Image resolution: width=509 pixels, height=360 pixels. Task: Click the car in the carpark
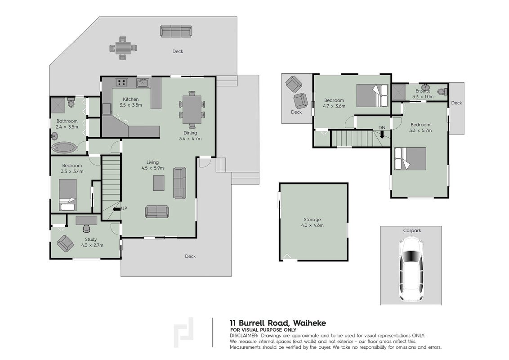411,269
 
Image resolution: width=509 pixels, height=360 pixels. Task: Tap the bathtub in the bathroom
65,148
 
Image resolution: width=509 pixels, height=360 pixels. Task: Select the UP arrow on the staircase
115,209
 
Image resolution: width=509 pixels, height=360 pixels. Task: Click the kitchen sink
143,83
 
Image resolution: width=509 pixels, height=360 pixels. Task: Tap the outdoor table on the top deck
123,48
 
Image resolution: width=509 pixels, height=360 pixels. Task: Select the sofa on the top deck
176,31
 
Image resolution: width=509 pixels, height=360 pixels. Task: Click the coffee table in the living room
159,183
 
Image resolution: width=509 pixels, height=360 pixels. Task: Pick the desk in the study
86,220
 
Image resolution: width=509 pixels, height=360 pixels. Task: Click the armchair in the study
65,243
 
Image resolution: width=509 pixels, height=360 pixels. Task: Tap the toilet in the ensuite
442,92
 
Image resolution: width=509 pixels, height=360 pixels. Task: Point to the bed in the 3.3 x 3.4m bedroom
68,194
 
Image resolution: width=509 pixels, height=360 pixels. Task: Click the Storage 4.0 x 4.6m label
312,223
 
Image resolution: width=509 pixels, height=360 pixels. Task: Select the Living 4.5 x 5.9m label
152,165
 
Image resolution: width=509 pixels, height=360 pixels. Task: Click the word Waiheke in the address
309,323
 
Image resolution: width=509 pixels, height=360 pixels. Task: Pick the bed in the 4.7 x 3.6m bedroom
372,95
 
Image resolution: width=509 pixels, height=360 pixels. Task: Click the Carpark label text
412,230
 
